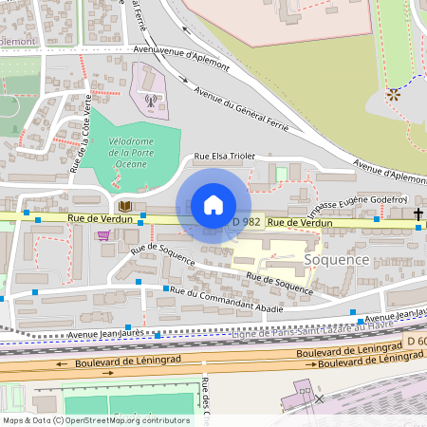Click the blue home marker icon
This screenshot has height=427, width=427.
click(213, 205)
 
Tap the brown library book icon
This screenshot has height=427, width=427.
click(124, 205)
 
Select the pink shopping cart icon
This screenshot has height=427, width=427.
click(103, 234)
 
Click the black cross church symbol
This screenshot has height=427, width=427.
click(418, 214)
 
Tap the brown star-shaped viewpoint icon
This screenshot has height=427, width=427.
click(393, 94)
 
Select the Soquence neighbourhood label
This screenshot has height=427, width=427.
click(335, 258)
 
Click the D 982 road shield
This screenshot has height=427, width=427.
click(247, 221)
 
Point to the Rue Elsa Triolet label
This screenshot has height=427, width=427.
click(225, 157)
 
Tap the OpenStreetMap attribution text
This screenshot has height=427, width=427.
click(96, 419)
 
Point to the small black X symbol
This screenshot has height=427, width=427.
click(319, 399)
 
